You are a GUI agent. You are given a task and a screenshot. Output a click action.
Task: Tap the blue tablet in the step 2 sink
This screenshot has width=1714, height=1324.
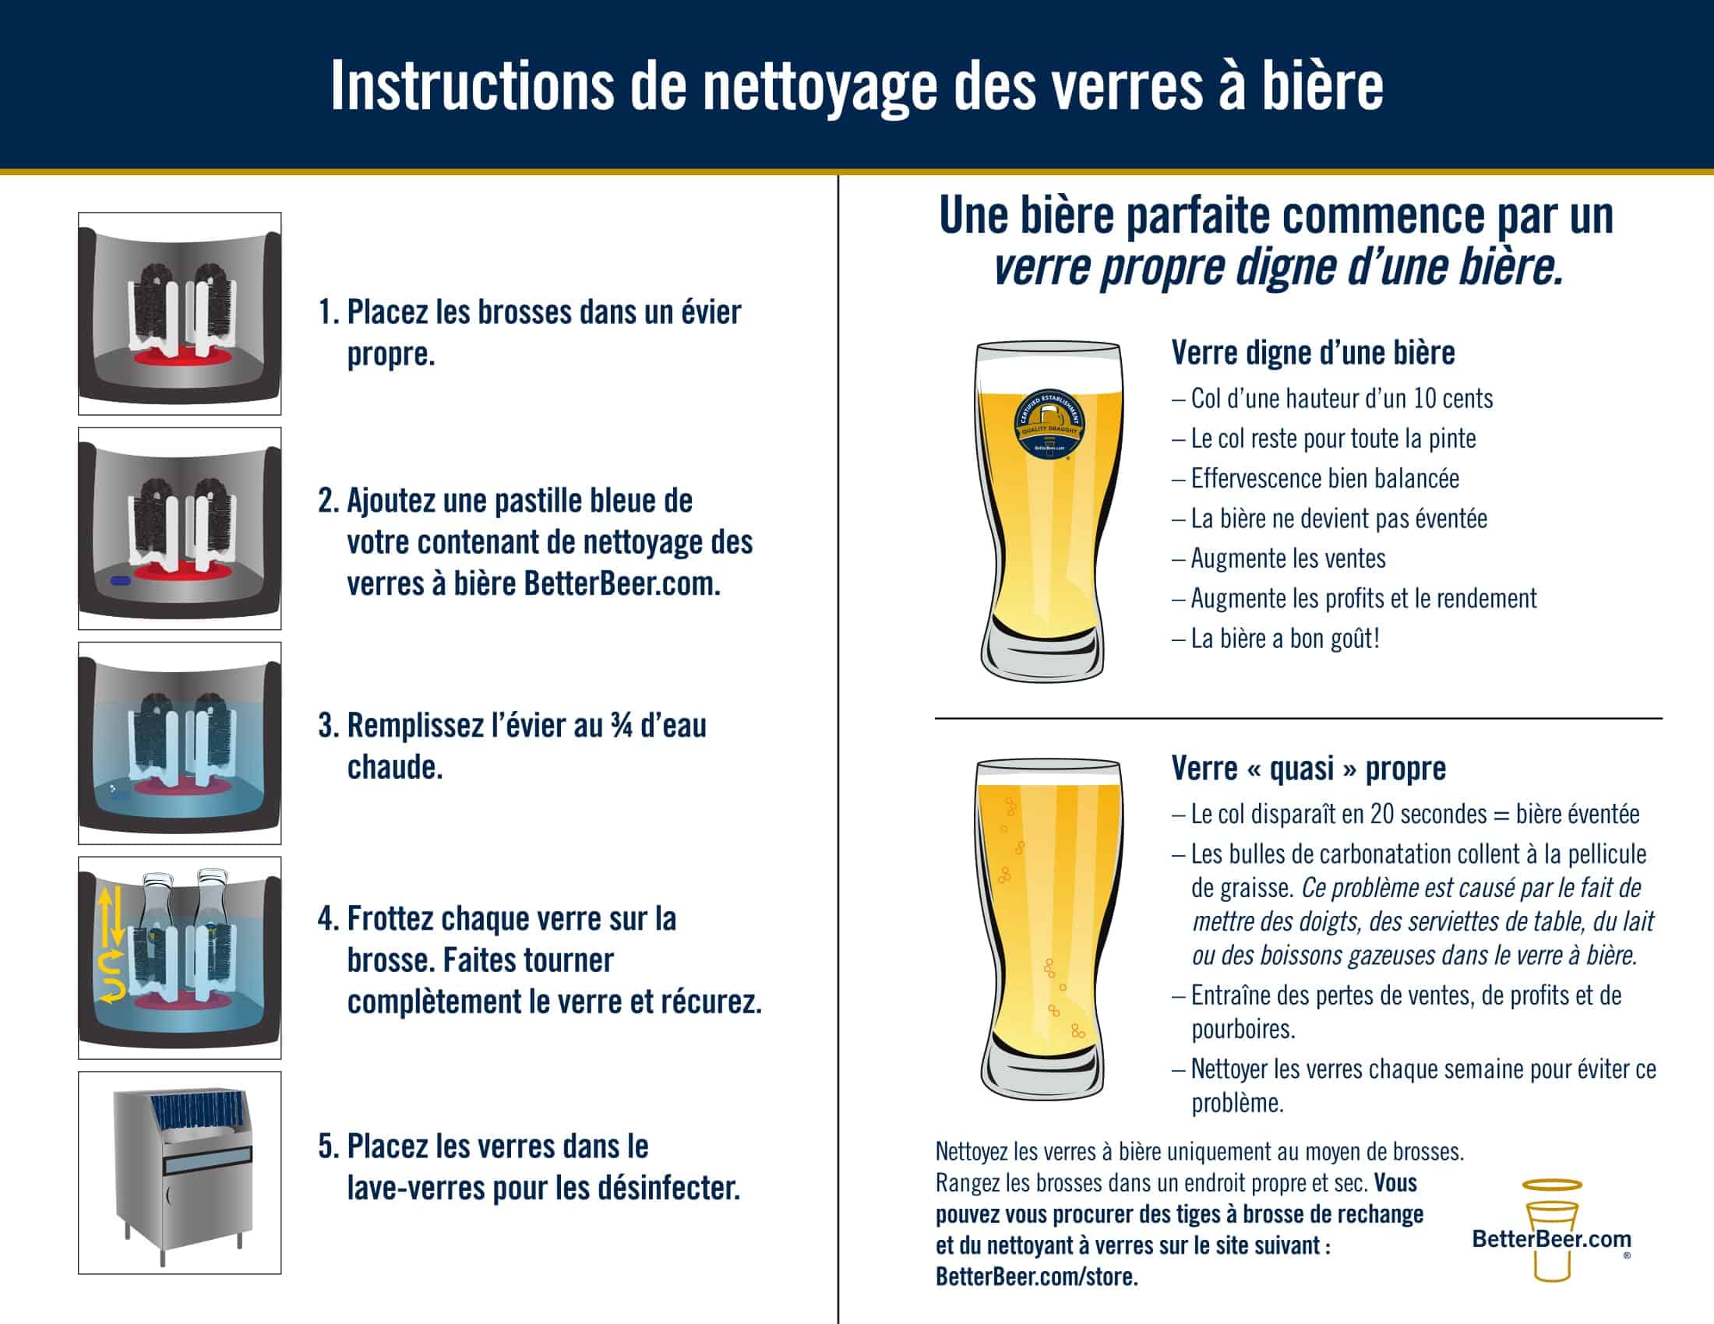coord(120,581)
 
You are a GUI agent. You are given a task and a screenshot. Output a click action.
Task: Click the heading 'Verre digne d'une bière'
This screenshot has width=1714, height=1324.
coord(1313,353)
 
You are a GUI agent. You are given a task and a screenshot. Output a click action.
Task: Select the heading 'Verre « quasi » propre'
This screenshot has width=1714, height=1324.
coord(1308,769)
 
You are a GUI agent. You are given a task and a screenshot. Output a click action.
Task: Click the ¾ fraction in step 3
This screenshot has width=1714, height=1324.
coord(622,726)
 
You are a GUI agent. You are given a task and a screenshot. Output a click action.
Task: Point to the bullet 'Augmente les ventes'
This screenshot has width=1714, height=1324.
coord(1279,558)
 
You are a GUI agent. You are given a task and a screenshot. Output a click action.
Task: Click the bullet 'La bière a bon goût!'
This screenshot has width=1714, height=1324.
coord(1276,639)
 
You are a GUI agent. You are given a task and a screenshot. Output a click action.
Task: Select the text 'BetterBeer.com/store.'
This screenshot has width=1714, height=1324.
coord(1037,1277)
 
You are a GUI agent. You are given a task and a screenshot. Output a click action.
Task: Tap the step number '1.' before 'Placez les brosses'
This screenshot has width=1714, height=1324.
coord(329,312)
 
